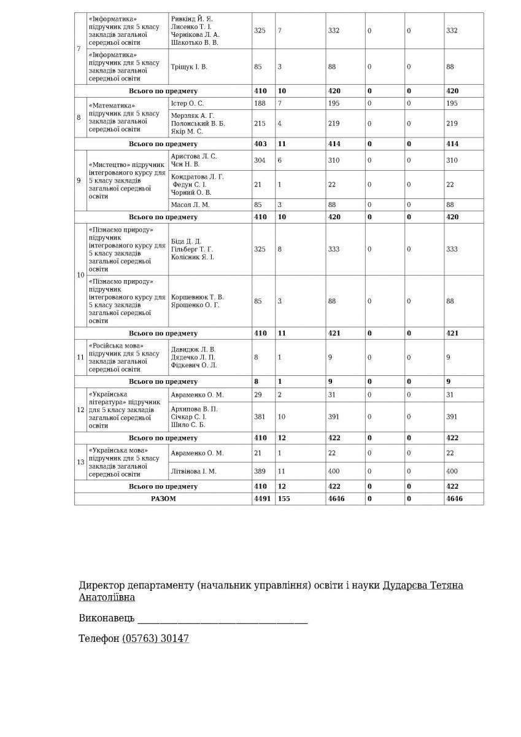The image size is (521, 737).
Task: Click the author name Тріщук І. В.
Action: (189, 66)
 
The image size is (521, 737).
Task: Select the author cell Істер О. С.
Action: (187, 103)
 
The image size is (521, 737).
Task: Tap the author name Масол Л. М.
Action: (190, 205)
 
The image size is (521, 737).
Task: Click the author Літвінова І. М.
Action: (193, 471)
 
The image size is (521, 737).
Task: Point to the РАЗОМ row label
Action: (163, 499)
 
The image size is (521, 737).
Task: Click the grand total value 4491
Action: (261, 499)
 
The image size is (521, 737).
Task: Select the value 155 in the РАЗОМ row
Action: (284, 499)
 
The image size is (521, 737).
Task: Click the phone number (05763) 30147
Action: (156, 639)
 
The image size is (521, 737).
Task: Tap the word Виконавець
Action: (107, 618)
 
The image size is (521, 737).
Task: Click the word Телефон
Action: (99, 639)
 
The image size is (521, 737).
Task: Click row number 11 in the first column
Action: (80, 357)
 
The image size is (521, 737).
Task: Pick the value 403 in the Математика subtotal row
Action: (260, 144)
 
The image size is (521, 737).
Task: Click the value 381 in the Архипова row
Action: (260, 416)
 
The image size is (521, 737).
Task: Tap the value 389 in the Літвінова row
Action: (260, 471)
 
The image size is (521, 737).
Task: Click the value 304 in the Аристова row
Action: (260, 160)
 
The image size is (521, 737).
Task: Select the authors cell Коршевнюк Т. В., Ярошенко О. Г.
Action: (197, 301)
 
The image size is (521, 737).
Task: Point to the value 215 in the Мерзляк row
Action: (260, 123)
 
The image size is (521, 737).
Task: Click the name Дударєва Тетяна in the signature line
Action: (423, 585)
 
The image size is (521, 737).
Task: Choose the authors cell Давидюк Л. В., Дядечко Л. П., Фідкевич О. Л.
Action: (193, 357)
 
